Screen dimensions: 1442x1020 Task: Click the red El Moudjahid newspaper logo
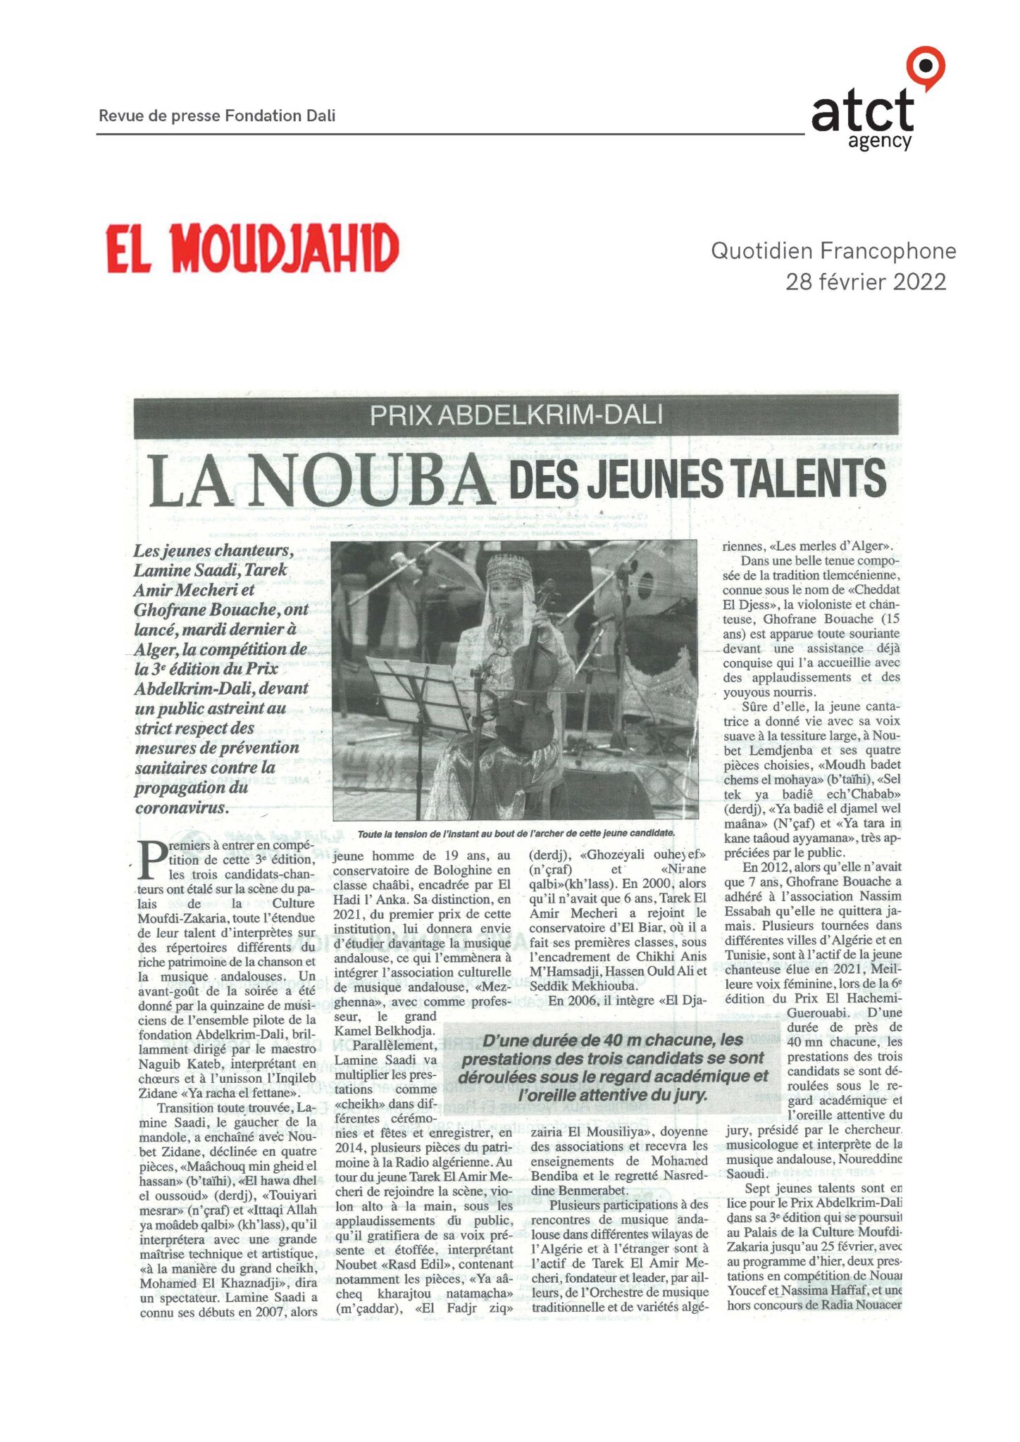(252, 248)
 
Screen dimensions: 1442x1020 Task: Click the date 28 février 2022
(866, 282)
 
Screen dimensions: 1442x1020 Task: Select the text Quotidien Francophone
(833, 251)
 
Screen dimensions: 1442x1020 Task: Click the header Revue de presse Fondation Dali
(217, 115)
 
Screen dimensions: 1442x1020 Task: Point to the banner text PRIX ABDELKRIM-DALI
(516, 415)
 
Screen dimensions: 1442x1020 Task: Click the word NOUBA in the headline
(371, 480)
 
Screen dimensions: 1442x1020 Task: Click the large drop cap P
(152, 860)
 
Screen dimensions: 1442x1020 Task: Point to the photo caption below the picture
(516, 833)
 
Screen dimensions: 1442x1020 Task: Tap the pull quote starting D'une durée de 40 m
(612, 1067)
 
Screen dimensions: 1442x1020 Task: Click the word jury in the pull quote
(689, 1095)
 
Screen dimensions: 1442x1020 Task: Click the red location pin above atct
(925, 67)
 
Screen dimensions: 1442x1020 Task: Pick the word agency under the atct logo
(879, 142)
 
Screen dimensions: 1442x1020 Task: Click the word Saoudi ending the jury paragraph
(745, 1174)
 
